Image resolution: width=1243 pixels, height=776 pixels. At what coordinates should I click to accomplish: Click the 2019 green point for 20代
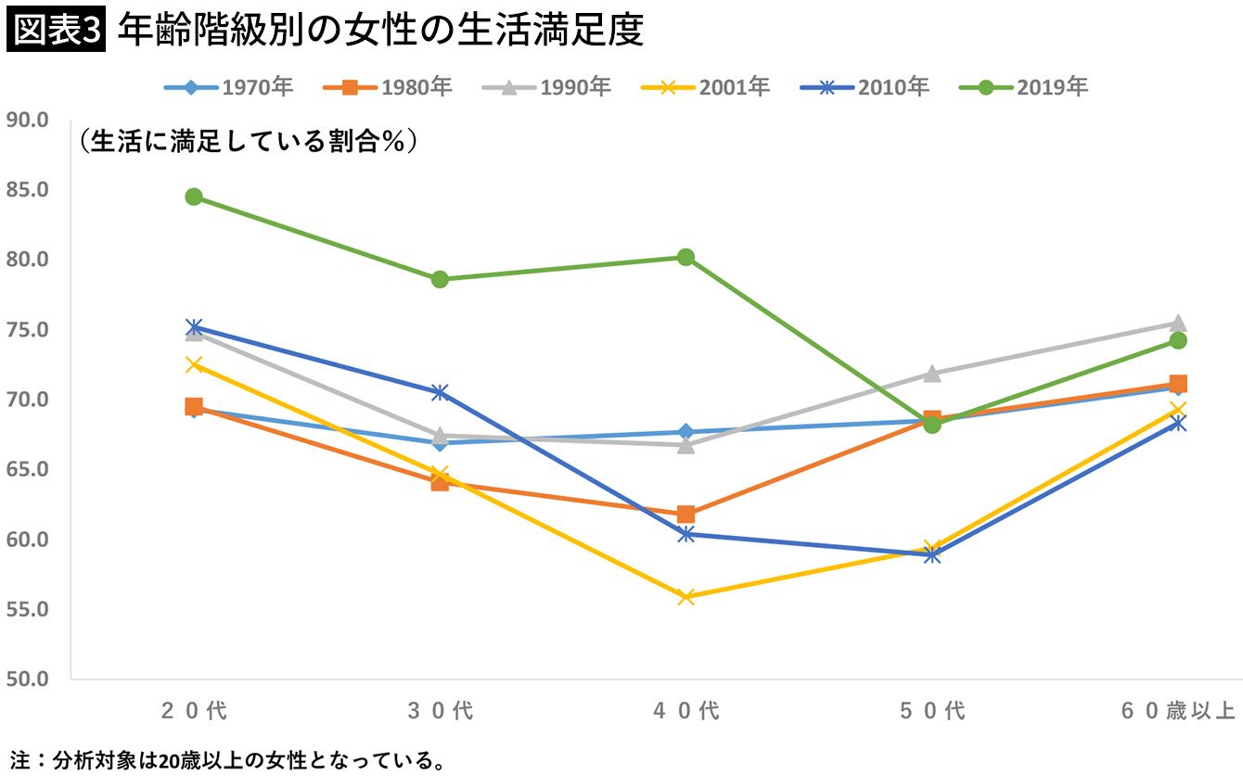click(x=194, y=197)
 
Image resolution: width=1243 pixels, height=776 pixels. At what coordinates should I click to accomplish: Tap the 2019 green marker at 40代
click(x=686, y=257)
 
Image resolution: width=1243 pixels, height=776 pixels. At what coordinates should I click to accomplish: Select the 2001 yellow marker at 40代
click(x=686, y=597)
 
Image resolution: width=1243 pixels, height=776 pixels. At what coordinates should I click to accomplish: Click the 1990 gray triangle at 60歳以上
click(x=1178, y=323)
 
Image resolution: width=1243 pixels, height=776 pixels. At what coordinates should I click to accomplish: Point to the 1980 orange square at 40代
click(x=686, y=514)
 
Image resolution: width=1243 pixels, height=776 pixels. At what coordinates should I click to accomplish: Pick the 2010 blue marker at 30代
click(x=440, y=392)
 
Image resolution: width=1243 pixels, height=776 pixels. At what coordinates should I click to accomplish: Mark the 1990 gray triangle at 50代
click(x=932, y=373)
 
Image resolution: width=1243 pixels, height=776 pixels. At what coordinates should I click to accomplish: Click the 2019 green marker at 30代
click(x=440, y=279)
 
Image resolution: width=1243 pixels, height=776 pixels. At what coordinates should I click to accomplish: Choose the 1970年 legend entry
click(x=228, y=88)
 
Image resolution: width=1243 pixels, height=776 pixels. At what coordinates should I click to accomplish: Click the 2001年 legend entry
click(x=706, y=88)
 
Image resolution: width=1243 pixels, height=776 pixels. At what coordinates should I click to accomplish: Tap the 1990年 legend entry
click(x=546, y=88)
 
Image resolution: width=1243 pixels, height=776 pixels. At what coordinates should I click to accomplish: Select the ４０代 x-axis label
click(x=686, y=712)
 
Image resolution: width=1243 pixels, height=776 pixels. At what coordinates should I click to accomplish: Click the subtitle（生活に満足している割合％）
click(x=247, y=141)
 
